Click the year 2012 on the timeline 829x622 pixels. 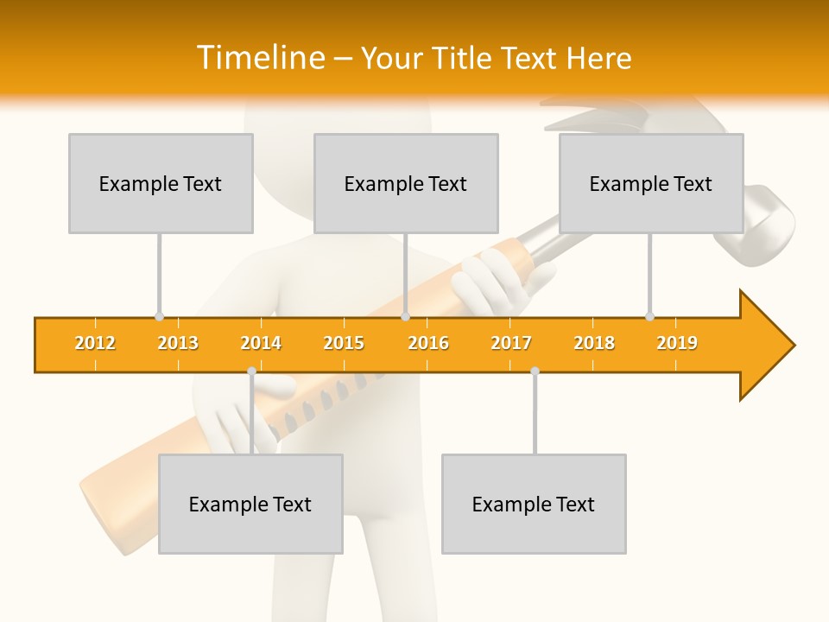[95, 343]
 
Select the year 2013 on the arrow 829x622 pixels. [178, 343]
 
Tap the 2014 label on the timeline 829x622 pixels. [261, 343]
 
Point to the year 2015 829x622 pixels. [344, 343]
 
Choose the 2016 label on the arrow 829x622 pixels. [428, 343]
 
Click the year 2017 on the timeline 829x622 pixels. [511, 343]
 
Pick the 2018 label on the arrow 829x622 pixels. [594, 343]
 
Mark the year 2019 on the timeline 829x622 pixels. [677, 343]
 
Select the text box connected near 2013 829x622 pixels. [161, 183]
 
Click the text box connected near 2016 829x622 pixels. [406, 183]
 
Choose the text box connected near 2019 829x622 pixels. [651, 183]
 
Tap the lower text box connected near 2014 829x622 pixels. [250, 504]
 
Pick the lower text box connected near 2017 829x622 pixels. [534, 504]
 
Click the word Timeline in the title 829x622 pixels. [259, 58]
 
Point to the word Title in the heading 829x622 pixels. [464, 58]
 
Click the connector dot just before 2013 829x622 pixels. [159, 316]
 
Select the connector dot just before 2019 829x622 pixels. [649, 316]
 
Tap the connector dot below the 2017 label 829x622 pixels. [535, 371]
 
